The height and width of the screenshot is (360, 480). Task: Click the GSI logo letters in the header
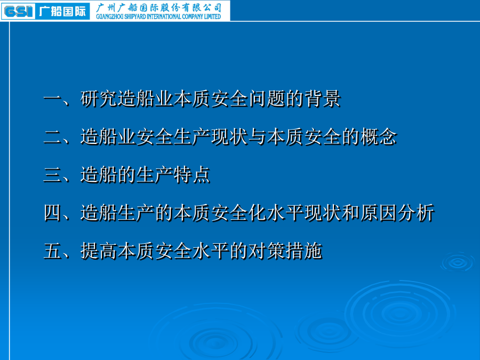[x=18, y=11]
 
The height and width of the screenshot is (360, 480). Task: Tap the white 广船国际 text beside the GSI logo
[x=62, y=11]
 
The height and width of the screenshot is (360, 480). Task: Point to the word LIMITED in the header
[x=212, y=17]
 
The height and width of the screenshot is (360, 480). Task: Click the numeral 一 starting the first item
[x=53, y=99]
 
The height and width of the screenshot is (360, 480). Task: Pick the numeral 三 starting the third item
[x=53, y=175]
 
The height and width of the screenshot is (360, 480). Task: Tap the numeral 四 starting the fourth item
[x=53, y=213]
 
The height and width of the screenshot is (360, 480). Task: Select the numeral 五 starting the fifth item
[x=53, y=251]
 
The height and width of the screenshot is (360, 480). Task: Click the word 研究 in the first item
[x=99, y=99]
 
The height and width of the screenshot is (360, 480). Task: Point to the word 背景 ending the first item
[x=323, y=99]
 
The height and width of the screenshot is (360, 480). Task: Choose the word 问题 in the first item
[x=267, y=99]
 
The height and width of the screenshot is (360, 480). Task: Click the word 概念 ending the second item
[x=379, y=137]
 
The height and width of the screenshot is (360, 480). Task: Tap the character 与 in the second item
[x=258, y=137]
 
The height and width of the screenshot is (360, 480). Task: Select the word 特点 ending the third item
[x=192, y=175]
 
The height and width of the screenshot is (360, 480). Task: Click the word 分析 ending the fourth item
[x=416, y=213]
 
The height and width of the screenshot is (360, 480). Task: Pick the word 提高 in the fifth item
[x=99, y=251]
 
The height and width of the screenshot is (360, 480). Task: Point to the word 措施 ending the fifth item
[x=304, y=251]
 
